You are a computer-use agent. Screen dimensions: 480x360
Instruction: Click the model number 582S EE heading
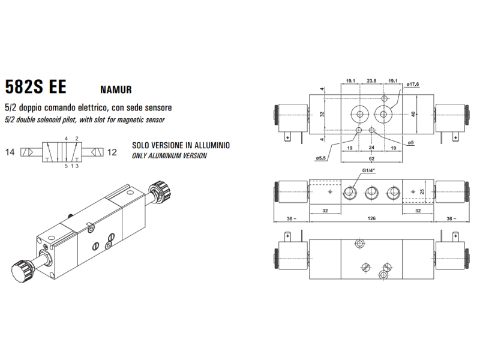pyautogui.click(x=36, y=87)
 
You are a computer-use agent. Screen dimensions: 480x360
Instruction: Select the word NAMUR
pyautogui.click(x=116, y=89)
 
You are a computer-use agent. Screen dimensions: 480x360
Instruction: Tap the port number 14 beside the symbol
pyautogui.click(x=10, y=152)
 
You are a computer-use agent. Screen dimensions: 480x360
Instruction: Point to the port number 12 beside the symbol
pyautogui.click(x=112, y=152)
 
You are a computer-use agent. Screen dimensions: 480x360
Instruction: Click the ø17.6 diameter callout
pyautogui.click(x=413, y=84)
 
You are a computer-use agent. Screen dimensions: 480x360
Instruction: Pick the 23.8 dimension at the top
pyautogui.click(x=371, y=81)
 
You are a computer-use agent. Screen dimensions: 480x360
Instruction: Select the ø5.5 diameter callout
pyautogui.click(x=321, y=158)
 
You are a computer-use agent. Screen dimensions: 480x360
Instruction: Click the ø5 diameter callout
pyautogui.click(x=410, y=142)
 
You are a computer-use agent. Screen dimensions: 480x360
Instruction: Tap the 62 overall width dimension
pyautogui.click(x=371, y=158)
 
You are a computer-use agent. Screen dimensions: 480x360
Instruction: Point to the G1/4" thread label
pyautogui.click(x=369, y=170)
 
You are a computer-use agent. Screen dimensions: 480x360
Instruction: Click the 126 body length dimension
pyautogui.click(x=371, y=218)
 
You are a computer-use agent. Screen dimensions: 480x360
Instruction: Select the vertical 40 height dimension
pyautogui.click(x=413, y=114)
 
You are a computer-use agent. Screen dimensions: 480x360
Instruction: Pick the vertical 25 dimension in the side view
pyautogui.click(x=422, y=192)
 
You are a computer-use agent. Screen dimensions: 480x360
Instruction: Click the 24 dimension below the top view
pyautogui.click(x=371, y=148)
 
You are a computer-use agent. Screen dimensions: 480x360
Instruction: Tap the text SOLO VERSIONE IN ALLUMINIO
pyautogui.click(x=181, y=145)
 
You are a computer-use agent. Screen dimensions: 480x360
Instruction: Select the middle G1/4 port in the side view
pyautogui.click(x=371, y=193)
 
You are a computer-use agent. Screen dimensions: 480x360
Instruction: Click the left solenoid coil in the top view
pyautogui.click(x=292, y=118)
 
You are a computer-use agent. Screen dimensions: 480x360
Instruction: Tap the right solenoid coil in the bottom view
pyautogui.click(x=452, y=254)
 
